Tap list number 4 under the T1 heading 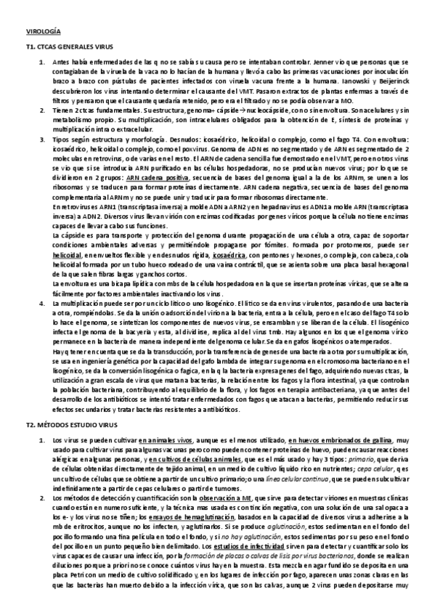pos(42,301)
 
